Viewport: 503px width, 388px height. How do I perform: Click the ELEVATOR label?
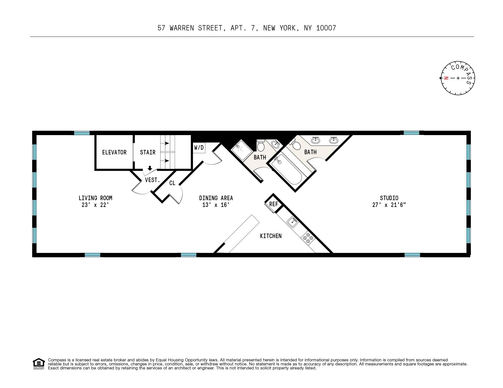(114, 152)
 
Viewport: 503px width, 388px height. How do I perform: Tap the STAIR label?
(148, 152)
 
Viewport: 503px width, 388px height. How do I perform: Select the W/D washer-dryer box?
(199, 148)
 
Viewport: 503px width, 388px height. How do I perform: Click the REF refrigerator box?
(274, 204)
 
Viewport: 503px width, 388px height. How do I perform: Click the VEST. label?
(152, 180)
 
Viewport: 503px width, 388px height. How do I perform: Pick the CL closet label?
(172, 183)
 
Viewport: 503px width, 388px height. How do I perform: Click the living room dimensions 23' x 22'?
(95, 205)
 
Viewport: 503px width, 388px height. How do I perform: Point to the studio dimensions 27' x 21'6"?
(389, 205)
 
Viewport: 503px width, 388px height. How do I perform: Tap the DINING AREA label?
(216, 198)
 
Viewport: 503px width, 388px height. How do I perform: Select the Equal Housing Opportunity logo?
(39, 364)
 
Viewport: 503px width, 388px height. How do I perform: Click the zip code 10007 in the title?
(326, 28)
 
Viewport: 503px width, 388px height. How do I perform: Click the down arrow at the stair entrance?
(150, 168)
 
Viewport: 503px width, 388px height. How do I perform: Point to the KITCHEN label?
(271, 236)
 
